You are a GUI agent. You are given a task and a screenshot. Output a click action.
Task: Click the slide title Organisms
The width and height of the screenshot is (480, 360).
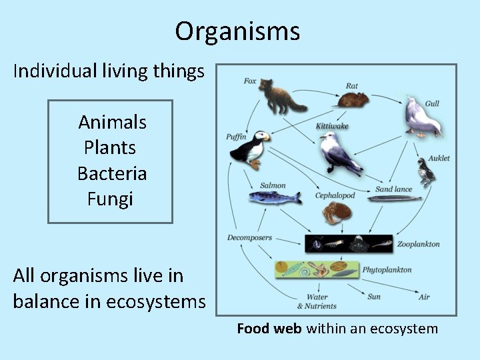[237, 31]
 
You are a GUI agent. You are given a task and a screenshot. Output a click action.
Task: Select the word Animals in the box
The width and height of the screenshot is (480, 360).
[112, 122]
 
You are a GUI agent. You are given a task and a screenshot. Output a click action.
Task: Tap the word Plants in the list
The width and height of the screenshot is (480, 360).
[110, 147]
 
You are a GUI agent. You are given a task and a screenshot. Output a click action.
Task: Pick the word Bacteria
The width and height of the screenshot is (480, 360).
[112, 173]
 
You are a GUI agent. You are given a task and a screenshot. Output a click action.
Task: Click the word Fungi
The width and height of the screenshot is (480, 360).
[110, 199]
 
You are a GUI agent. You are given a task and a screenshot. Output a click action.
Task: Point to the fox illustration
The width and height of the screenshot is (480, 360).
[281, 97]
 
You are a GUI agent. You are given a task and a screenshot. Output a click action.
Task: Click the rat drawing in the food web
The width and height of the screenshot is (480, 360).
[352, 100]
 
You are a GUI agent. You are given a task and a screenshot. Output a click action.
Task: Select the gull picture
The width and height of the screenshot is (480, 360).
[421, 119]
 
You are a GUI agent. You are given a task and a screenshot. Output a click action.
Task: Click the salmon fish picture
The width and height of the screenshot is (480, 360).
[271, 197]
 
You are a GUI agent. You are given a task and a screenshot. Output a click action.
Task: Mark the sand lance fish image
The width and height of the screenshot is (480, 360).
[395, 198]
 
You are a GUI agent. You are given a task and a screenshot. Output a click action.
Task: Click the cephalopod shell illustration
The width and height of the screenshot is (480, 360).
[335, 213]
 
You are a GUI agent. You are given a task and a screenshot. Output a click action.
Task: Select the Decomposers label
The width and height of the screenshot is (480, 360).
[249, 237]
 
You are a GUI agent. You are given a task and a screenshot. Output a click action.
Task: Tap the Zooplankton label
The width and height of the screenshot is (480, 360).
[418, 244]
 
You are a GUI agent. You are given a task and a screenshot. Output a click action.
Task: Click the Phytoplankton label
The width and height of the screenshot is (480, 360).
[387, 270]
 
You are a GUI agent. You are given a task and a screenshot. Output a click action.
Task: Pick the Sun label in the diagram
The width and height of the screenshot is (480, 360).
[373, 296]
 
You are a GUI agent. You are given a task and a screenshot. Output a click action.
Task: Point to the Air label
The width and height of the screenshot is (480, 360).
[424, 296]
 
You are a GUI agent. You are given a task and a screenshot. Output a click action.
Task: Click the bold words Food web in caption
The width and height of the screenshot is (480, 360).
[269, 329]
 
